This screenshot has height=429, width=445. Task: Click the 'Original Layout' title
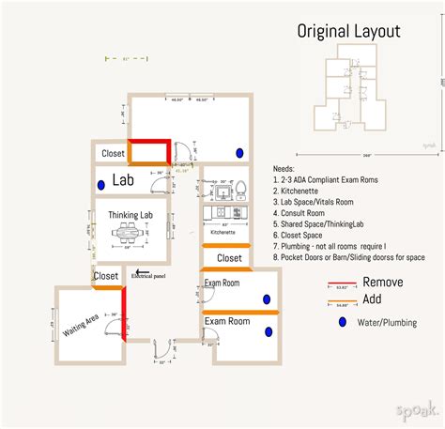pyautogui.click(x=348, y=31)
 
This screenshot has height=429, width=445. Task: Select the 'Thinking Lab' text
pyautogui.click(x=130, y=215)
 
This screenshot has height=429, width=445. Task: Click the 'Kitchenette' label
pyautogui.click(x=222, y=231)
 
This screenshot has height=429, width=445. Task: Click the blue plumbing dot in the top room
pyautogui.click(x=240, y=153)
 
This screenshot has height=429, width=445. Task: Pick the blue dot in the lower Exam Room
pyautogui.click(x=269, y=331)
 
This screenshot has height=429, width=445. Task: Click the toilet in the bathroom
pyautogui.click(x=238, y=190)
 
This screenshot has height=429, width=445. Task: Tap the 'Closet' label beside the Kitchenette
pyautogui.click(x=230, y=257)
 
